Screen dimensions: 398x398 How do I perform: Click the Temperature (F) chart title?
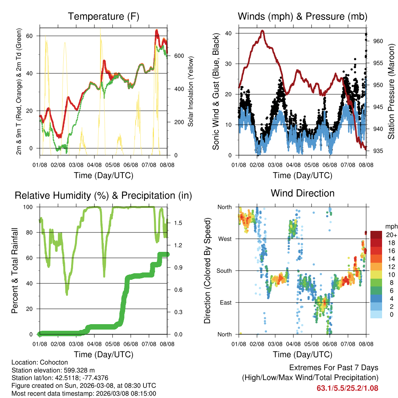click(x=103, y=16)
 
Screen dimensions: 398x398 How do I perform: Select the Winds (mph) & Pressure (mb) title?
click(x=302, y=16)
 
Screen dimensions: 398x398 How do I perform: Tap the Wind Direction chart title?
click(x=302, y=193)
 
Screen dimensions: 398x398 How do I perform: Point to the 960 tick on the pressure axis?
click(x=378, y=41)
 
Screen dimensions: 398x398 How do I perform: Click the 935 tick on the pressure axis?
click(x=378, y=151)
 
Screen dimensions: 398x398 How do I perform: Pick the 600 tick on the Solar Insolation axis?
click(x=179, y=56)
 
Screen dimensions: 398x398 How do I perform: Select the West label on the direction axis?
click(x=225, y=239)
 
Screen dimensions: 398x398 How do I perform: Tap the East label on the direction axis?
click(x=225, y=302)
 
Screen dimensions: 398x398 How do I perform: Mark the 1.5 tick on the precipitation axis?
click(x=178, y=223)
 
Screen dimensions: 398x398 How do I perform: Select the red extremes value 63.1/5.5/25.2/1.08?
click(x=347, y=388)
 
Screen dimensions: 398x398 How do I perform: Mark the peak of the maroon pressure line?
click(x=263, y=30)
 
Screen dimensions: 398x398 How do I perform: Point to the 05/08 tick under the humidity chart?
click(x=113, y=344)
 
